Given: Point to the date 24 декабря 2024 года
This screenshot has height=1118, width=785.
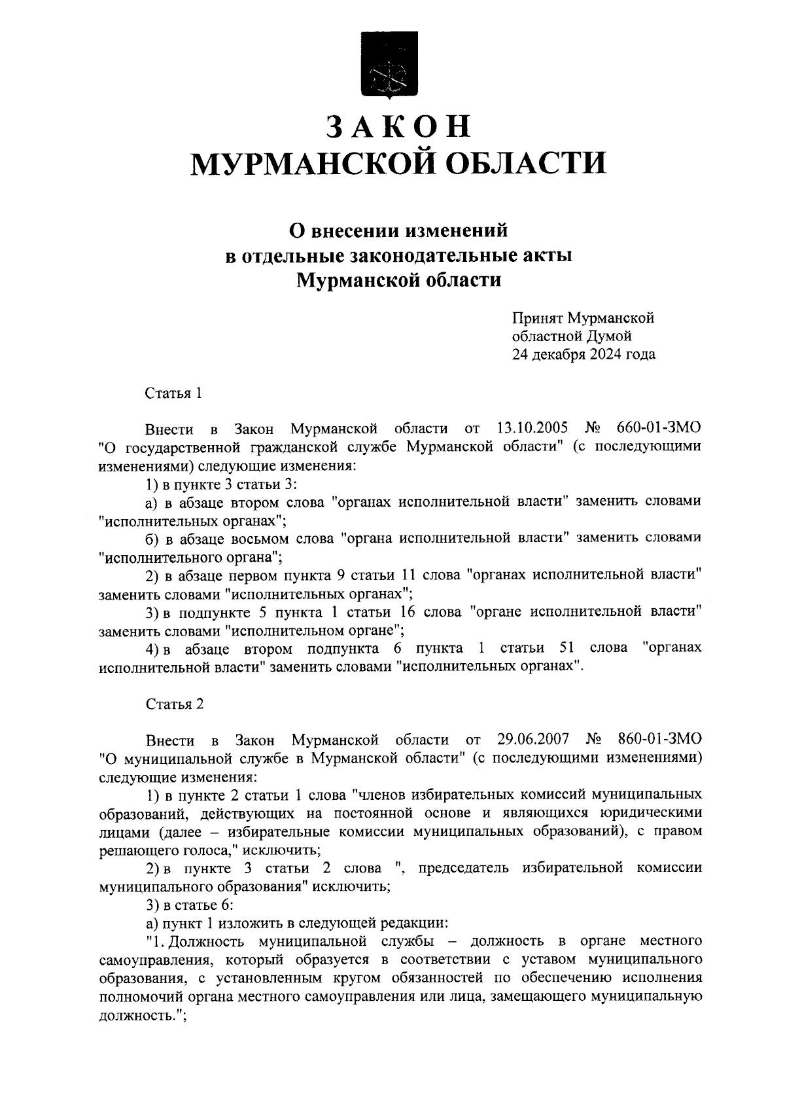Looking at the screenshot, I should [584, 355].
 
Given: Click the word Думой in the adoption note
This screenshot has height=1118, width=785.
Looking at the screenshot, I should [611, 336].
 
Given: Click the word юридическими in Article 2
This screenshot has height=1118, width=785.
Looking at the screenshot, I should [651, 813].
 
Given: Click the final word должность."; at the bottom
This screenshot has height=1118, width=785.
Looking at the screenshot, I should [143, 1015].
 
